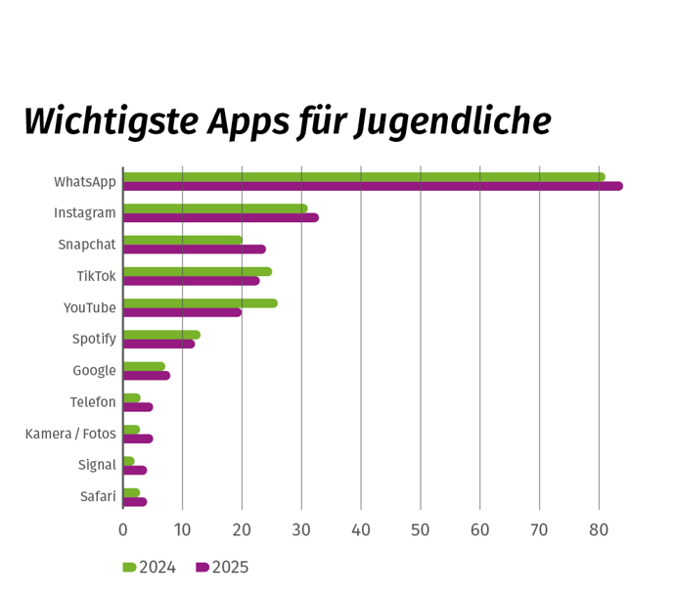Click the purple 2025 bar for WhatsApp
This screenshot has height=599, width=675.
372,186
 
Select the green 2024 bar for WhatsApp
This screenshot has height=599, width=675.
363,177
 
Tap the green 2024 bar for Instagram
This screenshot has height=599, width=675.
214,208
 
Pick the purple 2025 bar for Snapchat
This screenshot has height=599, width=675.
194,249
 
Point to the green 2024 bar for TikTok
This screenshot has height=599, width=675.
197,271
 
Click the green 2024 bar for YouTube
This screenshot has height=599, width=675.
200,303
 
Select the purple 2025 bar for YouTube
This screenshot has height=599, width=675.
182,312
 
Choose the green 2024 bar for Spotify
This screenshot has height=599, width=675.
161,335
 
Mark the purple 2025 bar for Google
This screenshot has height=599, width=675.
146,375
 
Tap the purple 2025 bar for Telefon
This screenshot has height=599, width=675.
137,407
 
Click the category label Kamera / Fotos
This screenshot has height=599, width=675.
70,434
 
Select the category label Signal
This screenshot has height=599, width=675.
97,465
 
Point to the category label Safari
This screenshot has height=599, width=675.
98,496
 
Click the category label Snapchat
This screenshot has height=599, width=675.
86,245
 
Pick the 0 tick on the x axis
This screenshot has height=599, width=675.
123,530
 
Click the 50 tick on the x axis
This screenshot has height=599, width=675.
421,530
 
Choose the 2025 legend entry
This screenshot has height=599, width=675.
222,568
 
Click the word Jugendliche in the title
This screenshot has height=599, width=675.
452,122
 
